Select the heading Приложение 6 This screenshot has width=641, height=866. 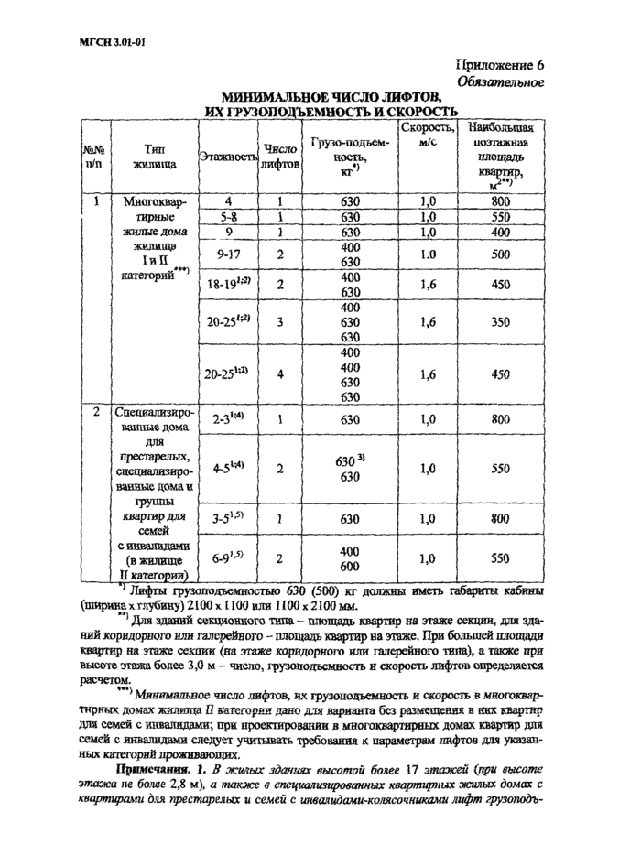499,64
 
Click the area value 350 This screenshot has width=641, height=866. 499,322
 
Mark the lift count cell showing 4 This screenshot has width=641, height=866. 279,373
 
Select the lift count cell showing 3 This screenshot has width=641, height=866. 279,322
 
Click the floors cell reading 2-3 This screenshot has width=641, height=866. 228,418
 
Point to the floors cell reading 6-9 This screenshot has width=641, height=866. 228,556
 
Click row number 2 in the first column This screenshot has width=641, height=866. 94,411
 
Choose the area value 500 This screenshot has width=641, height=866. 499,254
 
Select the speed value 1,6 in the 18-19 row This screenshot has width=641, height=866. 427,285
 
